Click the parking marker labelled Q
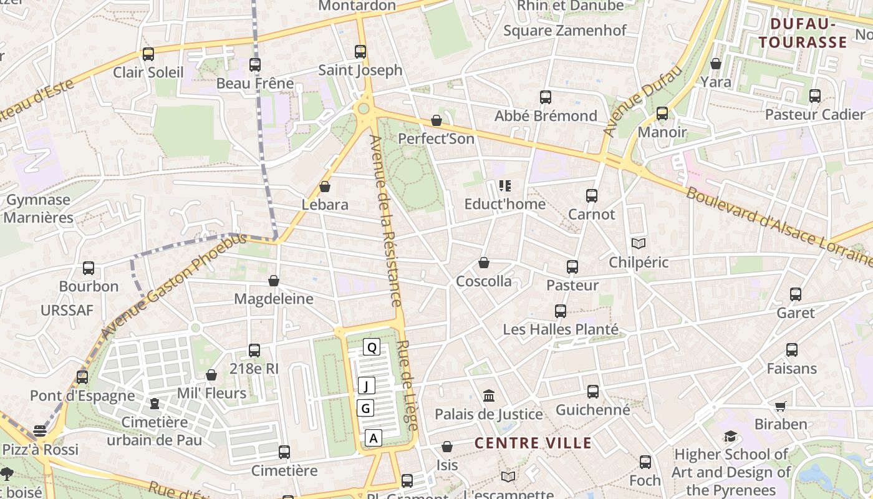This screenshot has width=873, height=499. click(372, 347)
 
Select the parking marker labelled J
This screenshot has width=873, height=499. click(367, 386)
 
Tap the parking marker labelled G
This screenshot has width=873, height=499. click(366, 409)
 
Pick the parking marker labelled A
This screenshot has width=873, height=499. click(374, 438)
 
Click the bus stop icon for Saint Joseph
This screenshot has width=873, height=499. click(360, 52)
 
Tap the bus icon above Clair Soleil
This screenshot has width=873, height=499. click(148, 54)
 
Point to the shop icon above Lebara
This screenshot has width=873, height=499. click(325, 187)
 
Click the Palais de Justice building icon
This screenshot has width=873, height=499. click(489, 396)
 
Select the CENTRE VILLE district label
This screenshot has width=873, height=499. click(533, 443)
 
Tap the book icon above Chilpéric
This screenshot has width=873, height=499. click(639, 244)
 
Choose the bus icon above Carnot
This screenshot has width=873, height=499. click(592, 196)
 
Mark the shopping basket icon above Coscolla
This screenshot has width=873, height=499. click(484, 263)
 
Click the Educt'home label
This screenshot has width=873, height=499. click(505, 204)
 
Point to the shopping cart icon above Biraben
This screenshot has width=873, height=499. click(780, 406)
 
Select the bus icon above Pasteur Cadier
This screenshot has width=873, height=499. click(815, 96)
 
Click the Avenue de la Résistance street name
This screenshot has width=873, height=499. click(387, 221)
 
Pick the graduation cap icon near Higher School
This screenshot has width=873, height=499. click(730, 436)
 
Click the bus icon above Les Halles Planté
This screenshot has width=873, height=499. click(561, 311)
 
